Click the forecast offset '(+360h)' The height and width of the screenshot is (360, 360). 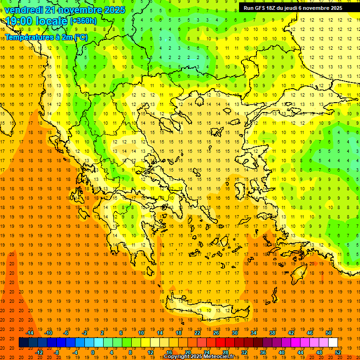tap(83, 21)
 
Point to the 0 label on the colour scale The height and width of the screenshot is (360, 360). tap(93, 352)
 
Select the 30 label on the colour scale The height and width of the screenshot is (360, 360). tap(235, 333)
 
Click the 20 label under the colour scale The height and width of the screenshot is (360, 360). tap(187, 352)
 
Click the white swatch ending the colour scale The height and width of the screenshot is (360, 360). tap(333, 343)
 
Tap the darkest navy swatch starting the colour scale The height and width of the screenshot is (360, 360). tap(23, 343)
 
